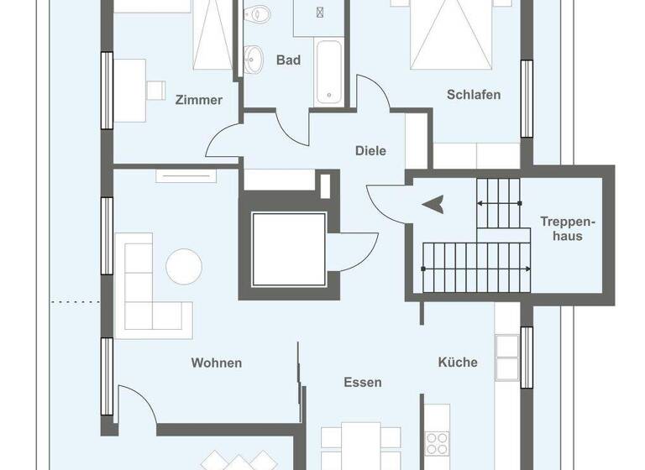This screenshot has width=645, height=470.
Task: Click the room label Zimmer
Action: [x=199, y=100]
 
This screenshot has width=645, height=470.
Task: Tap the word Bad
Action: [x=288, y=60]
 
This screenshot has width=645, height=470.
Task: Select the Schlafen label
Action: [x=474, y=95]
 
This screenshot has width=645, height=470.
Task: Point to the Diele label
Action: [x=370, y=151]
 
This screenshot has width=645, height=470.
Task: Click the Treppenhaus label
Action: [x=567, y=229]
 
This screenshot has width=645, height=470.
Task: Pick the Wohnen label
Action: [x=217, y=363]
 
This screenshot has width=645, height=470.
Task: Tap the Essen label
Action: [x=363, y=382]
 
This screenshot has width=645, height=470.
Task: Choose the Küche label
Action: [x=458, y=362]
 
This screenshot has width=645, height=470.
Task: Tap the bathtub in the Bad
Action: [x=328, y=73]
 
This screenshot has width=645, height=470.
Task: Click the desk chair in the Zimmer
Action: [x=155, y=88]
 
